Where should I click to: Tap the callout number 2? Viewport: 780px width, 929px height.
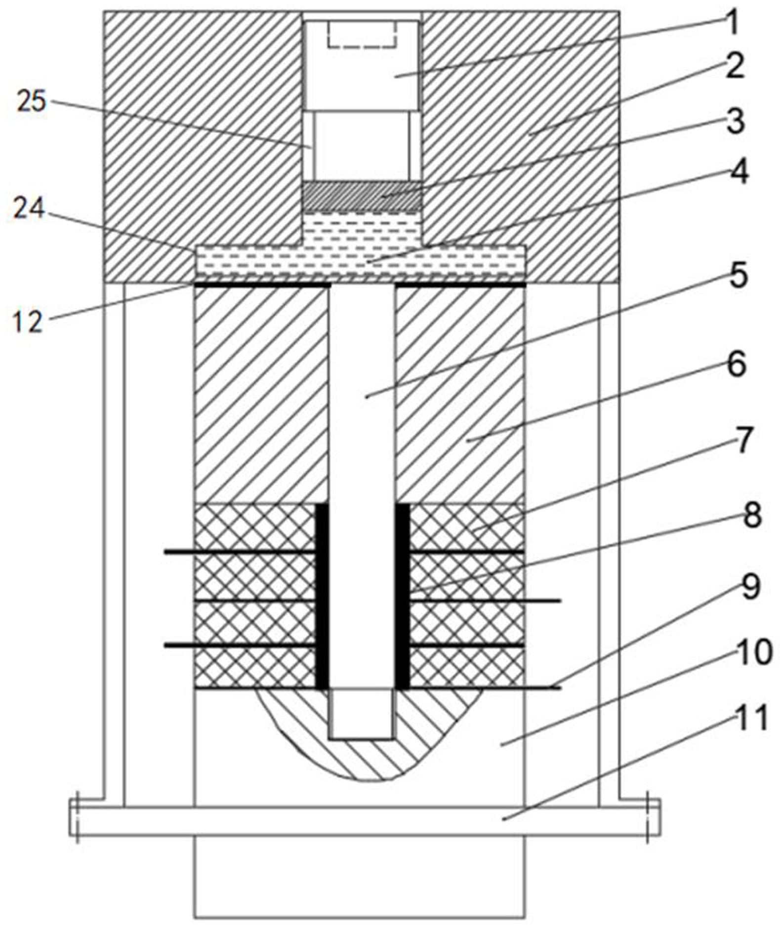point(735,65)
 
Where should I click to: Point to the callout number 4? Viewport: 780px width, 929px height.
point(739,171)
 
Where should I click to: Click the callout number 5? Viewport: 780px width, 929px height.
point(739,276)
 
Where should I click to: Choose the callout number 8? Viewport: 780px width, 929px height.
point(752,515)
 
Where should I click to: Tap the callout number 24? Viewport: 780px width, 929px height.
point(29,209)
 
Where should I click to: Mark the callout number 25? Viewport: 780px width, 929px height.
point(31,101)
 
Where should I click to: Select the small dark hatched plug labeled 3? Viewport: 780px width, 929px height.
point(362,196)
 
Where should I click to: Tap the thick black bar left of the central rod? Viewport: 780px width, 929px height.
point(322,596)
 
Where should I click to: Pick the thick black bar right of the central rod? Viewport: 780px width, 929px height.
point(402,596)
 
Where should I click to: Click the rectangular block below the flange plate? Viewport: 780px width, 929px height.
point(359,877)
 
